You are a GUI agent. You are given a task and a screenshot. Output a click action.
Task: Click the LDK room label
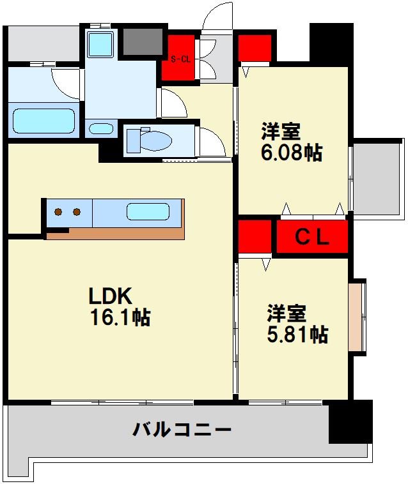(110, 296)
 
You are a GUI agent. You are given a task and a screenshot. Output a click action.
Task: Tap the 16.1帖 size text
(119, 317)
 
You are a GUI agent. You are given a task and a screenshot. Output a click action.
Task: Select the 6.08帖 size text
(291, 153)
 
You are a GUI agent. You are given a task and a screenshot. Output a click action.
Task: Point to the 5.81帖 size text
(297, 334)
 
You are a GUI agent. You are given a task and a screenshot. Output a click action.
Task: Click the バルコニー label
(182, 430)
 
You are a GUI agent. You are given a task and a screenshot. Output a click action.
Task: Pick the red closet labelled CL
(312, 237)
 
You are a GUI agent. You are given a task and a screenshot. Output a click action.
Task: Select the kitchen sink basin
(148, 211)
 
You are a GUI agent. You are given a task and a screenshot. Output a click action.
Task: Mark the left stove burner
(58, 212)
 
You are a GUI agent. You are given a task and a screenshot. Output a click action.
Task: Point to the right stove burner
(77, 212)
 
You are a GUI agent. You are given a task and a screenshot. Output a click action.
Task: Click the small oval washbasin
(100, 128)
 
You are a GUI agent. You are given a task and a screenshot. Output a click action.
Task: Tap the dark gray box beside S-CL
(143, 42)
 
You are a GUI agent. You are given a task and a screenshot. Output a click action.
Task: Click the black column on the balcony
(350, 421)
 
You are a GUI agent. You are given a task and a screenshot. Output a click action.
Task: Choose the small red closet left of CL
(255, 237)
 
